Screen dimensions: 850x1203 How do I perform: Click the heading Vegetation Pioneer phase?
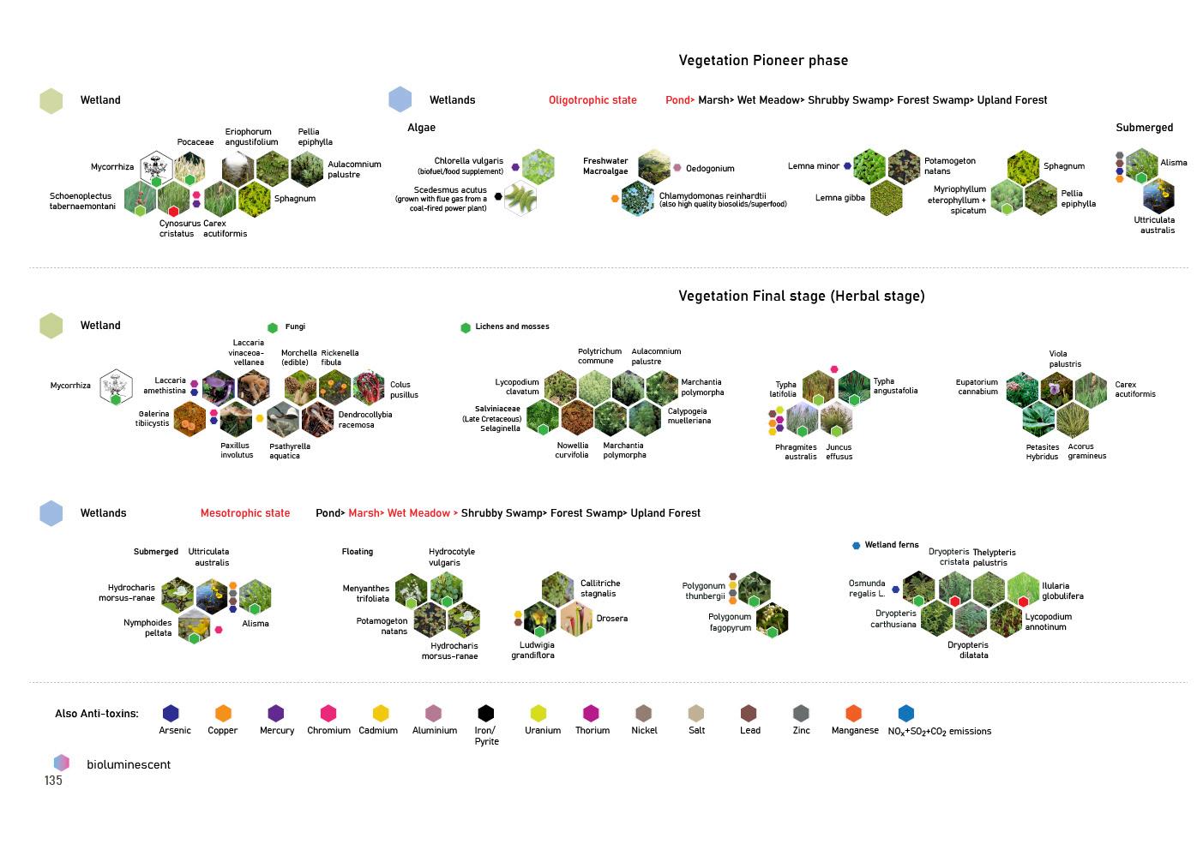point(763,60)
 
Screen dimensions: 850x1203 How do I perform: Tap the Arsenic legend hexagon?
point(171,713)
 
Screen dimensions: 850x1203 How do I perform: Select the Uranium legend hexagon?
point(538,713)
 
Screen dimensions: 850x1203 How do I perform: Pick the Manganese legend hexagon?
point(853,713)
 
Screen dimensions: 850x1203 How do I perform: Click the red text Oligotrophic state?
point(592,100)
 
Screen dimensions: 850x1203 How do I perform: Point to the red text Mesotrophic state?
point(245,513)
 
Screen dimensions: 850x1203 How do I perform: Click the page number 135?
point(53,781)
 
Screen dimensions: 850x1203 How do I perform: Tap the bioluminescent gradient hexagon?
point(61,763)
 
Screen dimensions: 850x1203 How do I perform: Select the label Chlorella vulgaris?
point(468,161)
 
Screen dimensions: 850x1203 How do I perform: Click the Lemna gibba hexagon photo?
point(886,199)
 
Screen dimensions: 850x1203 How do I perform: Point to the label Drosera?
point(611,619)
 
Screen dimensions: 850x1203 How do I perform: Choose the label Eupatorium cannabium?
point(977,386)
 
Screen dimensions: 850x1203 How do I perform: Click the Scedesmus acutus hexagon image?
point(520,199)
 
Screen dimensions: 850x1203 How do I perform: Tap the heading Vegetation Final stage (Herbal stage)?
point(801,296)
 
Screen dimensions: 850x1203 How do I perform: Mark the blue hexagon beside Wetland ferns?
point(856,545)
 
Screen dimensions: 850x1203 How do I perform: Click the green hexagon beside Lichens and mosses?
point(466,327)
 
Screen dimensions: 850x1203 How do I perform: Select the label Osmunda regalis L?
point(867,588)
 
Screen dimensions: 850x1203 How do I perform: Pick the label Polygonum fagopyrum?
point(730,622)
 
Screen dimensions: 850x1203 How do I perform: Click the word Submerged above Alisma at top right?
point(1144,128)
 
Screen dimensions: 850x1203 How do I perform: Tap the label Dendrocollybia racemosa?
point(365,420)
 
